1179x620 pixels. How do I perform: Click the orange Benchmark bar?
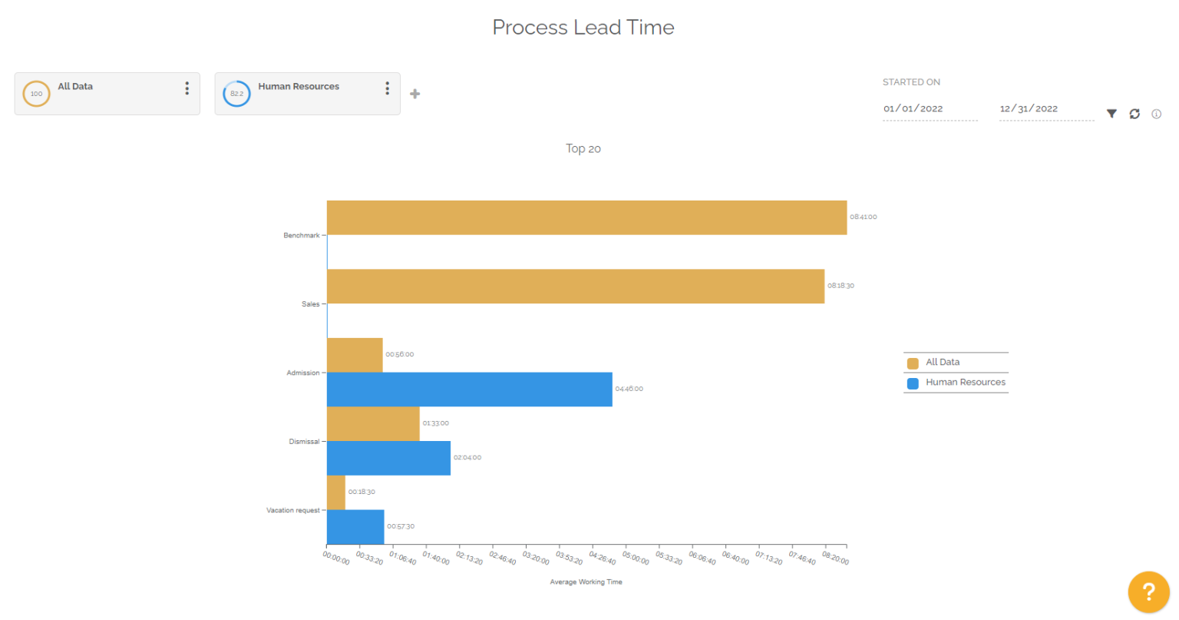pos(586,217)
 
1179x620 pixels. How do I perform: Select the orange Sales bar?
pos(576,286)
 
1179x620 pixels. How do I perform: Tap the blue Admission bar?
pos(469,390)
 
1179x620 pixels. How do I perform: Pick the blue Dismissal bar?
pos(388,458)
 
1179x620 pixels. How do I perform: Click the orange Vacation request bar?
pos(335,492)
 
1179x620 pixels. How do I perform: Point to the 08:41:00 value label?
pos(863,217)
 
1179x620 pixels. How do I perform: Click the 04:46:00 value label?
pos(629,390)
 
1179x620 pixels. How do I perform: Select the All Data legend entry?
pos(942,363)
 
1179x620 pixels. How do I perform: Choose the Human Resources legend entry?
pos(964,383)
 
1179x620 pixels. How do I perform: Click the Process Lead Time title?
pos(583,28)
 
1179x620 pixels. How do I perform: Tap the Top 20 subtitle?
pos(583,149)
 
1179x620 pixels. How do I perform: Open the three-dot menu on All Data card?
pos(187,88)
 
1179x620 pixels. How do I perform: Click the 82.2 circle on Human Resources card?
pos(236,94)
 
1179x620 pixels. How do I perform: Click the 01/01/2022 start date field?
pos(929,109)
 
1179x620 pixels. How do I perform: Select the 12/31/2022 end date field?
pos(1045,109)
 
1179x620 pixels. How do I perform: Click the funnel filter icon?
pos(1111,114)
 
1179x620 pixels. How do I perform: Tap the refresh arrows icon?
pos(1134,114)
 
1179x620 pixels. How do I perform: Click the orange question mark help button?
pos(1148,592)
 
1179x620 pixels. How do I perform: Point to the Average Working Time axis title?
pos(586,582)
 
